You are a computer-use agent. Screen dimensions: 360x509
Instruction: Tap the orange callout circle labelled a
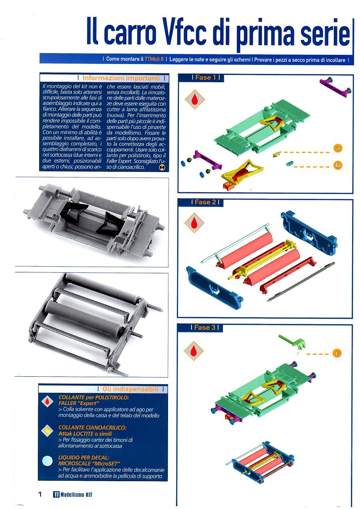click(338, 148)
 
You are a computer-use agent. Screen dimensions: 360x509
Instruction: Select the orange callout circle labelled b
click(338, 165)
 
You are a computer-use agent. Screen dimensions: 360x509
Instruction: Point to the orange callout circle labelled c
click(337, 353)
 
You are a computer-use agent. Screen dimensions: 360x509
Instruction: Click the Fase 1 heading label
click(205, 77)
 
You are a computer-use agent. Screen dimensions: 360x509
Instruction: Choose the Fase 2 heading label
click(205, 202)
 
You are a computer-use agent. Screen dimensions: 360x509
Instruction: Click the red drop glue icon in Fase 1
click(195, 99)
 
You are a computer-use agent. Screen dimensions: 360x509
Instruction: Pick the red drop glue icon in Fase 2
click(194, 223)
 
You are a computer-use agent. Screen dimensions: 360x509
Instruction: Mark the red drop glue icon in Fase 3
click(194, 351)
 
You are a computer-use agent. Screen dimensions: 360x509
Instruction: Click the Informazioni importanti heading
click(121, 78)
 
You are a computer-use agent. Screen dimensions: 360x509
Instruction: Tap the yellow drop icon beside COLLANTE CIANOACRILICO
click(48, 430)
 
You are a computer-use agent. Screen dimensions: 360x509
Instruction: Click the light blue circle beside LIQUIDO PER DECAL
click(47, 461)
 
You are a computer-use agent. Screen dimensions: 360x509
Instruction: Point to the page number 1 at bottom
click(40, 494)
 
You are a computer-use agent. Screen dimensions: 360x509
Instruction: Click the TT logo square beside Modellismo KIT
click(56, 494)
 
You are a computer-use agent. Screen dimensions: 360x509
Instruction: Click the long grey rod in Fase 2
click(300, 281)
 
